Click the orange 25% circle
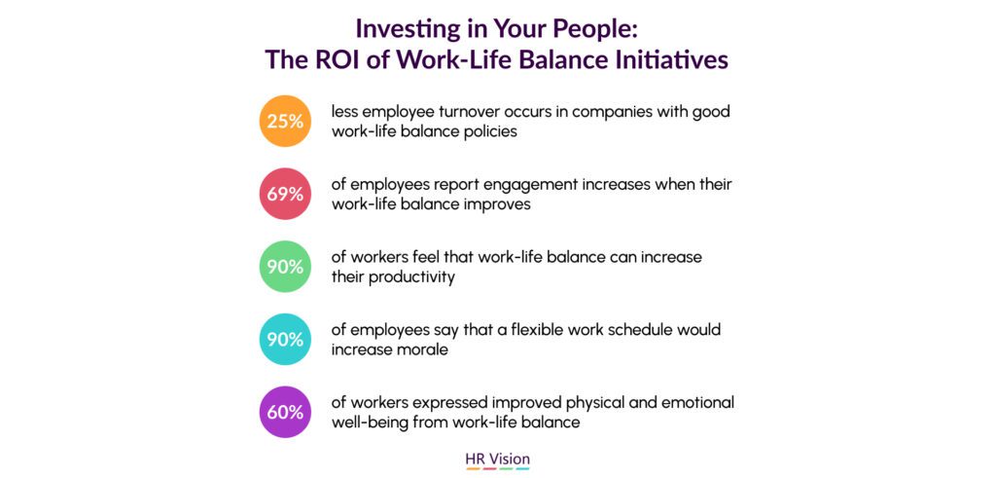coord(285,121)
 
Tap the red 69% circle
coord(285,194)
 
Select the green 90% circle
coord(285,267)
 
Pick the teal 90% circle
coord(285,339)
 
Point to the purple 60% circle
coord(285,412)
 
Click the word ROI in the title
coord(336,59)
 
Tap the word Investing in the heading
coord(409,29)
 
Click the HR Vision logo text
coord(497,459)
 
